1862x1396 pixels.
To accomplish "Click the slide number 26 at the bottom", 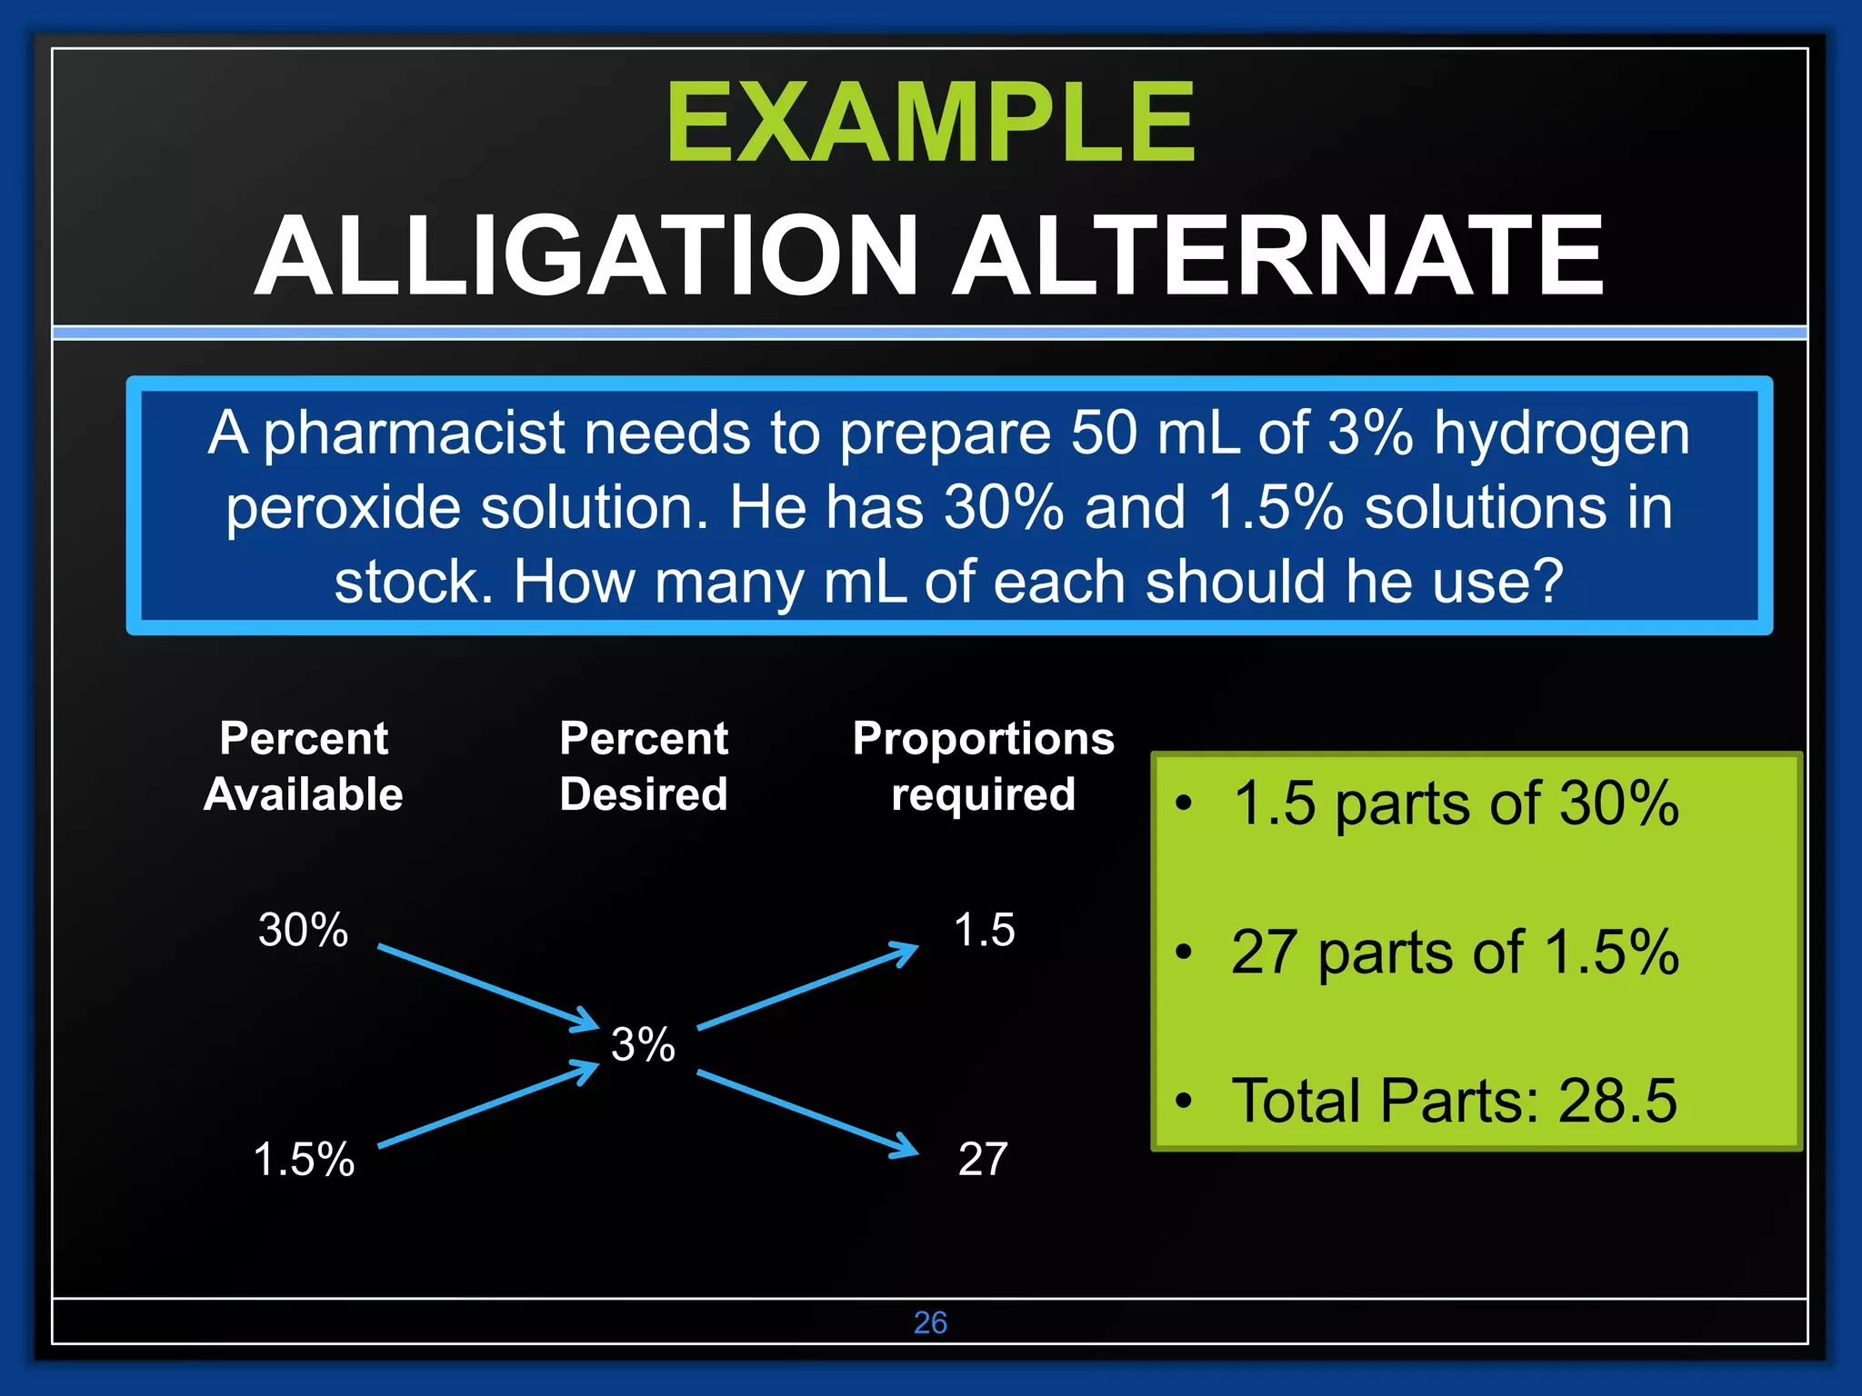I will pyautogui.click(x=930, y=1322).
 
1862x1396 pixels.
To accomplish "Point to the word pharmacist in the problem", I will pyautogui.click(x=414, y=433).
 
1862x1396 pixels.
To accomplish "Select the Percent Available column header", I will pyautogui.click(x=304, y=765).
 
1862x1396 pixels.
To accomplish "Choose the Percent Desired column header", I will pyautogui.click(x=644, y=765).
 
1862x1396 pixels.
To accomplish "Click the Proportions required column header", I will pyautogui.click(x=983, y=765).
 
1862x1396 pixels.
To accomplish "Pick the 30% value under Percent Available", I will pyautogui.click(x=303, y=930).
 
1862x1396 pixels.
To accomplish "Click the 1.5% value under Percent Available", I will pyautogui.click(x=304, y=1159).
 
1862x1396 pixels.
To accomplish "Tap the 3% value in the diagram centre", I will pyautogui.click(x=643, y=1044).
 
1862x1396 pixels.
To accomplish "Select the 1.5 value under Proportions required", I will pyautogui.click(x=984, y=930).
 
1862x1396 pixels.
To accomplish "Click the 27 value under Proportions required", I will pyautogui.click(x=983, y=1159).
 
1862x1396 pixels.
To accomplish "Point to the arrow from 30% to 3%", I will pyautogui.click(x=486, y=987).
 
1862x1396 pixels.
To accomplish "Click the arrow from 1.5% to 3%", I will pyautogui.click(x=486, y=1105).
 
